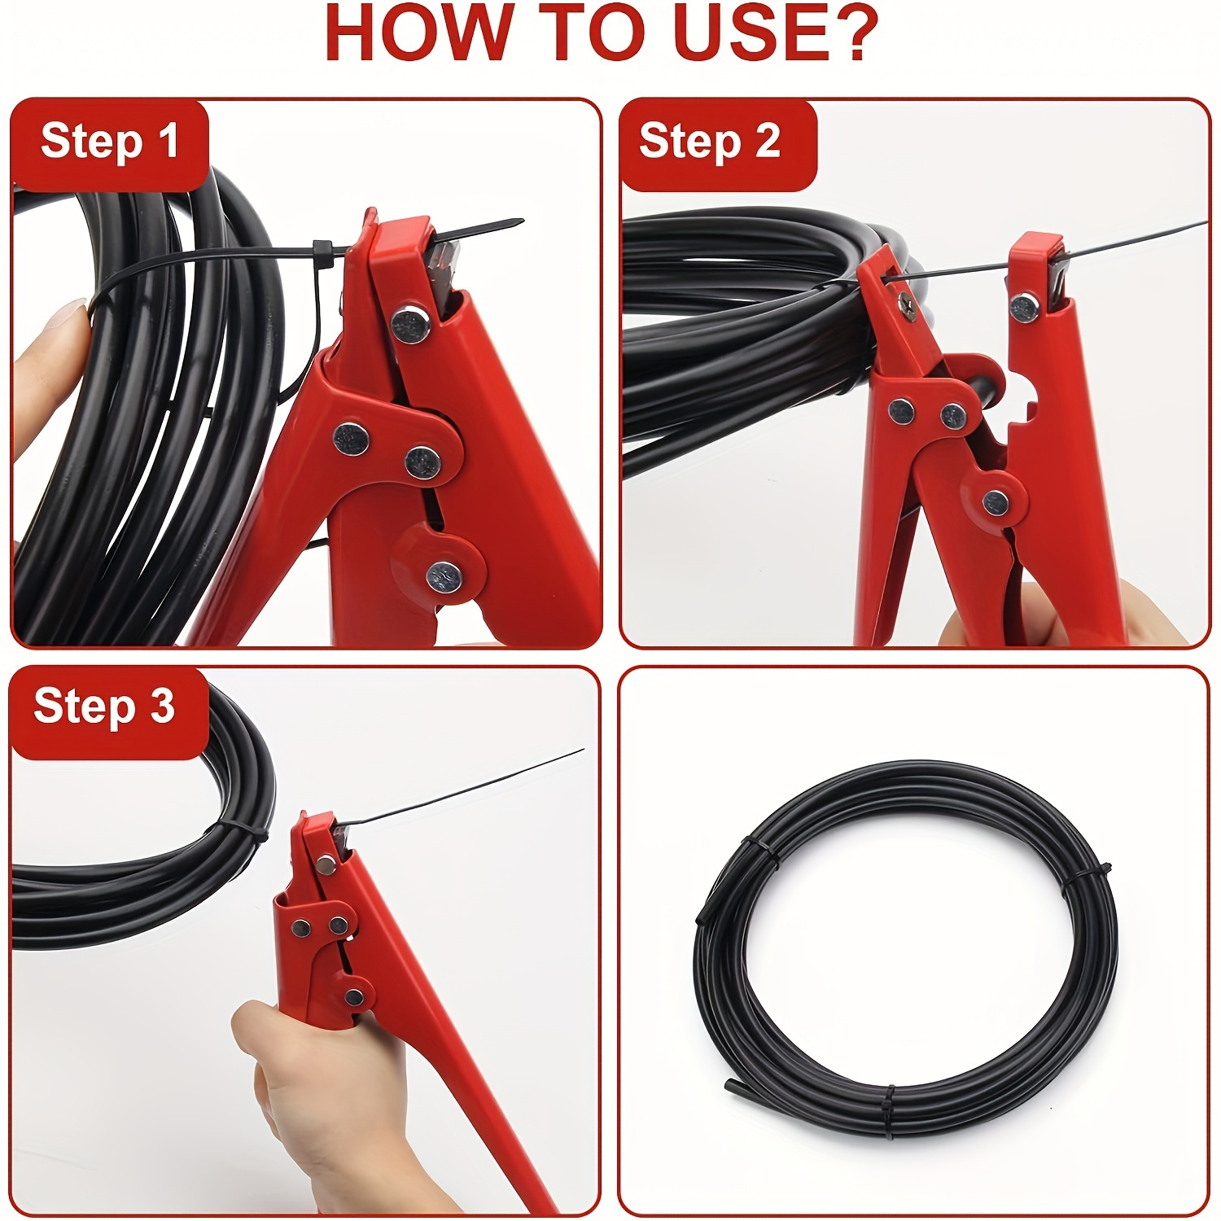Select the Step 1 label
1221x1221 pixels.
[x=109, y=142]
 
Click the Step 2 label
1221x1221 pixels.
[x=709, y=142]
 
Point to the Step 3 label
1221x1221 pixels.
[x=104, y=706]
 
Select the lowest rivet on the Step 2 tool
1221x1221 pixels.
[x=995, y=503]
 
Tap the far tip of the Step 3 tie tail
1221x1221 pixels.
[x=582, y=751]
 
